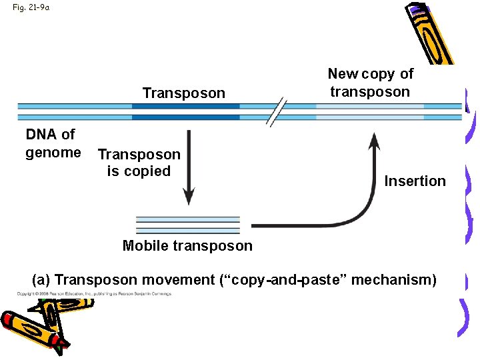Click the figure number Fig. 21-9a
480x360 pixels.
point(31,8)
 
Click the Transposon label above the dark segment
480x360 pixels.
point(184,93)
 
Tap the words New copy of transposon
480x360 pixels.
point(370,83)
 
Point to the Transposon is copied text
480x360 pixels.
point(139,163)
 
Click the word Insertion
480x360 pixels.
point(415,181)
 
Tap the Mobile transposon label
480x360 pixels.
point(187,245)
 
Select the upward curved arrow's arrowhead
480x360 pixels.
point(375,141)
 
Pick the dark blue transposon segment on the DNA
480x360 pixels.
point(185,111)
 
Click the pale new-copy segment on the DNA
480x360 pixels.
point(369,111)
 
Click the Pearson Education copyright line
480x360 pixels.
point(94,293)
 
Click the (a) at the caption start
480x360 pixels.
point(41,279)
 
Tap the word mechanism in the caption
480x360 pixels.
point(393,279)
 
